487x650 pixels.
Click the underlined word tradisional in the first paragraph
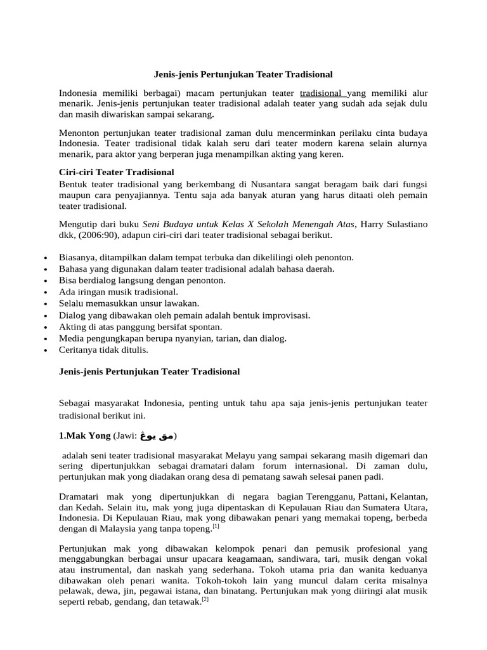tap(323, 93)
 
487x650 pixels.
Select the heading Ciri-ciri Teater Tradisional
tap(116, 172)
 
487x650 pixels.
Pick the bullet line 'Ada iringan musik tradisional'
tap(119, 292)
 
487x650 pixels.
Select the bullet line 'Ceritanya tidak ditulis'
tap(103, 349)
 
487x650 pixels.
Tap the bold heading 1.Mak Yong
tap(84, 436)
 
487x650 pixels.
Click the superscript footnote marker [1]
tap(216, 526)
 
